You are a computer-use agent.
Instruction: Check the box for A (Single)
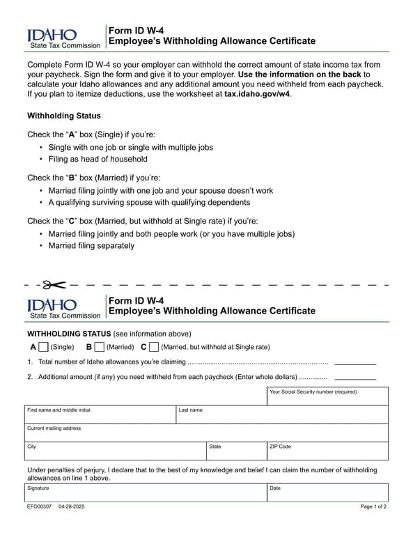point(43,347)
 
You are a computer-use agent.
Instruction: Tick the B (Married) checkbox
point(99,347)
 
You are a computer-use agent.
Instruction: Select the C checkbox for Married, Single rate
point(153,347)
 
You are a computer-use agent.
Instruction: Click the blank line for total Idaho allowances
point(354,362)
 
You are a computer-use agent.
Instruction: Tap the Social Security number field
point(327,396)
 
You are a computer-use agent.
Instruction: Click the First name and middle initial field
point(100,414)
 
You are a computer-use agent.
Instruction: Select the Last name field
point(281,414)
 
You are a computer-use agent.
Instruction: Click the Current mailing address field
point(207,433)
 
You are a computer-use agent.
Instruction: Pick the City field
point(115,451)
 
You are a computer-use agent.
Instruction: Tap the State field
point(235,451)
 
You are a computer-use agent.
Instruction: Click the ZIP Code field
point(327,451)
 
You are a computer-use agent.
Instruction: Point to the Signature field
point(145,493)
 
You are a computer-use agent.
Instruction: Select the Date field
point(327,493)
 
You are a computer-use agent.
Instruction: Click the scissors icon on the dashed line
point(54,284)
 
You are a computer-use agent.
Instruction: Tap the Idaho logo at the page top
point(53,35)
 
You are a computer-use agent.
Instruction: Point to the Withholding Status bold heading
point(63,116)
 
